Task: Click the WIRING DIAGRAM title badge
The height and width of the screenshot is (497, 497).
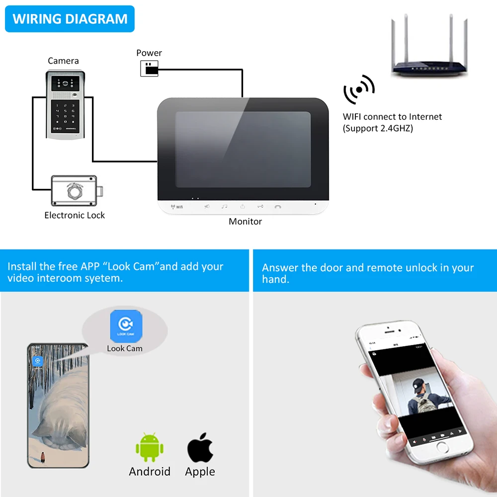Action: tap(70, 19)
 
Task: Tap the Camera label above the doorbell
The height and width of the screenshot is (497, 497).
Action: tap(63, 61)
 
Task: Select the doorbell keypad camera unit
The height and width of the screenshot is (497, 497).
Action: tap(63, 104)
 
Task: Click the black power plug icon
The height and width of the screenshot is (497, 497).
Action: tap(149, 69)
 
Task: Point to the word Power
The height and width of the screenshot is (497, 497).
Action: tap(149, 53)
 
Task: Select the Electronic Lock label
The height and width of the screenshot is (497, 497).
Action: tap(75, 215)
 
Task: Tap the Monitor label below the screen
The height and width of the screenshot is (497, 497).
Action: tap(245, 221)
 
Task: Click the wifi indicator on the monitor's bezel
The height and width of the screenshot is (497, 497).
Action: tap(177, 206)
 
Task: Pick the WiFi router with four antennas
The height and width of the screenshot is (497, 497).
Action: tap(429, 50)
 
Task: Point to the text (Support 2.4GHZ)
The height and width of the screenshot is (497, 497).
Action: tap(378, 128)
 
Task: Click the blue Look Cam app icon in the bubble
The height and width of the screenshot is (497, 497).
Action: tap(126, 325)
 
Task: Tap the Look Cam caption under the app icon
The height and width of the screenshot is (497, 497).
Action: tap(125, 348)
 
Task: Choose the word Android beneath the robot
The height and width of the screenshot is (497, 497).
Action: tap(150, 471)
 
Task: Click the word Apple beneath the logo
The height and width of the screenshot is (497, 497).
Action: tap(200, 471)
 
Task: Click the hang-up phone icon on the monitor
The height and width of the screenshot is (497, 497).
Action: tap(277, 206)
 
